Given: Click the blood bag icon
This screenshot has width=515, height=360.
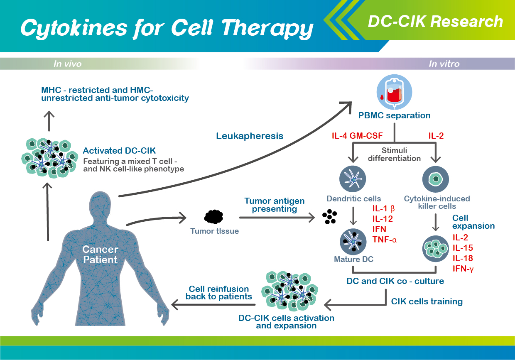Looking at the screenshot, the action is click(394, 92).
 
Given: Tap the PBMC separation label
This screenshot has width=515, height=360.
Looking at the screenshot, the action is click(394, 115).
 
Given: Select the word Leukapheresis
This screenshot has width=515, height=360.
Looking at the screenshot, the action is click(250, 136).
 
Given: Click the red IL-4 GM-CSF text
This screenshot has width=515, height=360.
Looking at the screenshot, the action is click(357, 136).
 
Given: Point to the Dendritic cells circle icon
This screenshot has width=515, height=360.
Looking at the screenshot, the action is click(353, 179).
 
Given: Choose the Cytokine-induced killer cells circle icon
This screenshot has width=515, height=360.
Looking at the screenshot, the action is click(435, 179).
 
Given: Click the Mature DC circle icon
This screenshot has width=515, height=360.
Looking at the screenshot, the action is click(353, 242).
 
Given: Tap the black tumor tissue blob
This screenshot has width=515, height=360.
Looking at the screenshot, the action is click(213, 217).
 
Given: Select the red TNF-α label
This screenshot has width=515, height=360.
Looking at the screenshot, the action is click(385, 240).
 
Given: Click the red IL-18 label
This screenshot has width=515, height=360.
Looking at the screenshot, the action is click(463, 258).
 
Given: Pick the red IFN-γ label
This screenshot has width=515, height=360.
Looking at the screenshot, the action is click(463, 269).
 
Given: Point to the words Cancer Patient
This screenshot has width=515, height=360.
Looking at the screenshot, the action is click(100, 255).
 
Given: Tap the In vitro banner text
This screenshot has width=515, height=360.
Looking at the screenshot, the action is click(444, 64).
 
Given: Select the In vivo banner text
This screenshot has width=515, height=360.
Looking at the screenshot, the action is click(68, 64).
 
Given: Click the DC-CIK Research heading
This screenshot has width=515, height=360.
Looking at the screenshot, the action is click(435, 22).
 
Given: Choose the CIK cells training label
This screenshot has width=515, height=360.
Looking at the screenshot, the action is click(427, 301).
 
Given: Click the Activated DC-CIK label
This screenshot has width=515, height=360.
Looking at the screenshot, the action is click(119, 151).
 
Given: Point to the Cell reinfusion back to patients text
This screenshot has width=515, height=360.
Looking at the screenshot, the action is click(219, 293).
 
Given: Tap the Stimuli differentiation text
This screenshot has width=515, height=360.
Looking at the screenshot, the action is click(394, 154).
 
